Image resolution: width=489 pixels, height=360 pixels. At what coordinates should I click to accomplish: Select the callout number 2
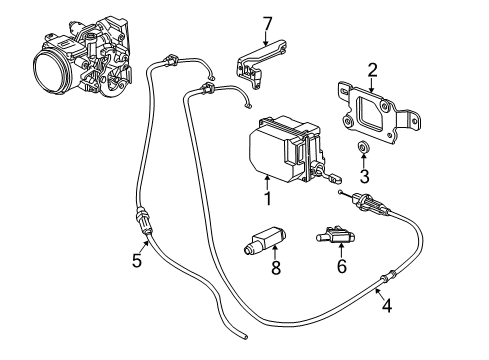pyautogui.click(x=372, y=70)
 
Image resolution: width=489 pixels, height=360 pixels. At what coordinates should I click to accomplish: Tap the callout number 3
pyautogui.click(x=365, y=177)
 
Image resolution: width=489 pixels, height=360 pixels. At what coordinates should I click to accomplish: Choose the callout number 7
pyautogui.click(x=267, y=23)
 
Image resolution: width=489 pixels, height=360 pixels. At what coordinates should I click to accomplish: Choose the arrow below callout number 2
pyautogui.click(x=372, y=89)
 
